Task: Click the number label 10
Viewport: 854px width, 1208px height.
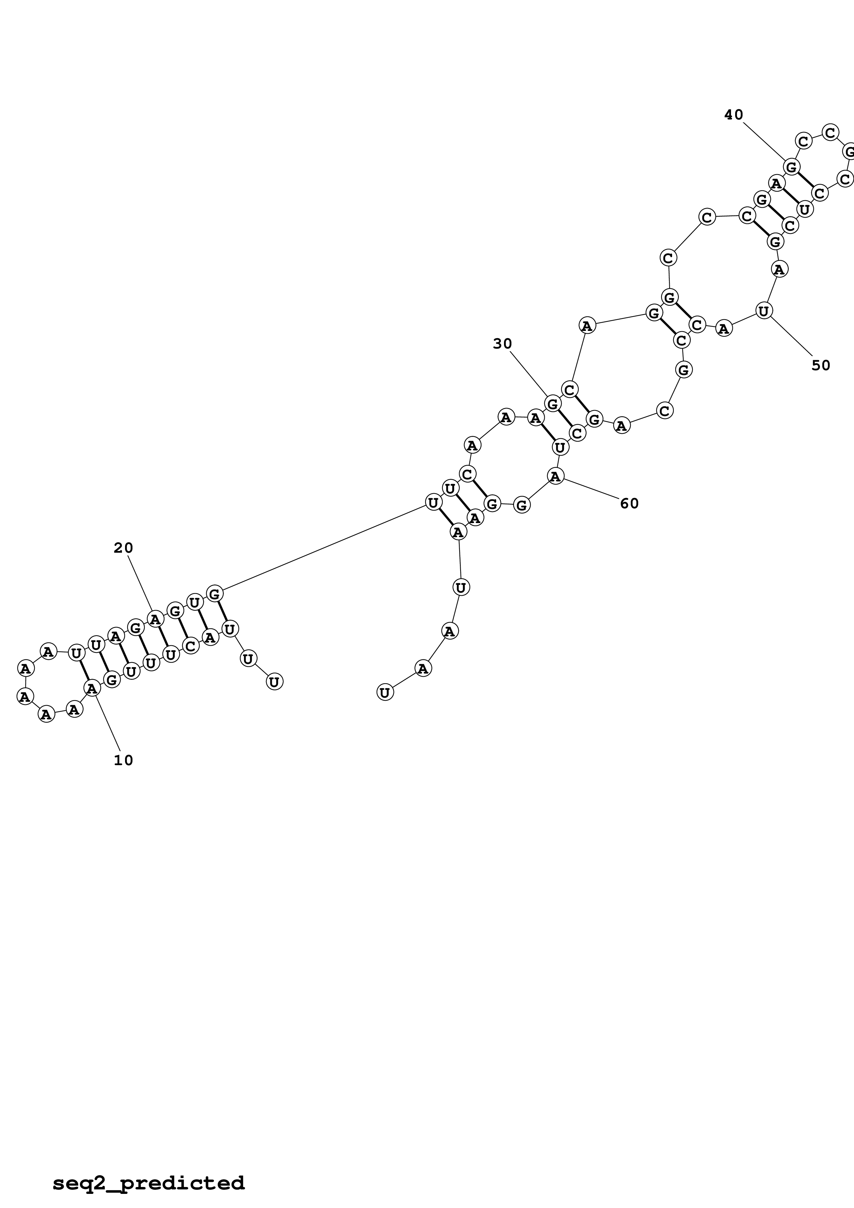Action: click(x=124, y=760)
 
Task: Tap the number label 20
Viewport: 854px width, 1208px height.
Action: click(x=124, y=548)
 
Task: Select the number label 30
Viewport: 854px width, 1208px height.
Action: click(x=503, y=344)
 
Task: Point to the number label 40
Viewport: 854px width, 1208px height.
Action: click(x=733, y=115)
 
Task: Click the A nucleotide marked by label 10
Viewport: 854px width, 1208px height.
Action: click(x=92, y=688)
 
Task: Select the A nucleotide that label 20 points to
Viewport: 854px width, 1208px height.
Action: click(x=155, y=619)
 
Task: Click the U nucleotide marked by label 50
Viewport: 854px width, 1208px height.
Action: click(x=763, y=311)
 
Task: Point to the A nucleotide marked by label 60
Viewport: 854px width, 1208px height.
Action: click(x=556, y=476)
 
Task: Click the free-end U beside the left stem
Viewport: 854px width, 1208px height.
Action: click(x=274, y=682)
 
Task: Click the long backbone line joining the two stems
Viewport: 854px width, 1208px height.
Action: click(x=323, y=549)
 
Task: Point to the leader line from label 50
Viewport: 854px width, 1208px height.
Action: click(x=792, y=338)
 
